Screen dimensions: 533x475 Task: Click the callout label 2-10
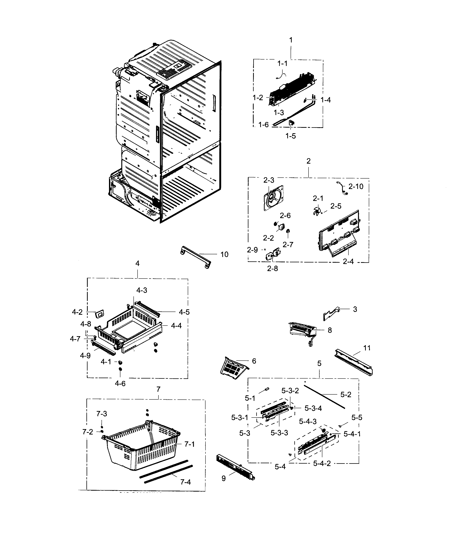tap(356, 187)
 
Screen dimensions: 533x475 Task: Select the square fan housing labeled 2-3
tap(273, 198)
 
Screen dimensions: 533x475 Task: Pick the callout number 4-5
tap(184, 312)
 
